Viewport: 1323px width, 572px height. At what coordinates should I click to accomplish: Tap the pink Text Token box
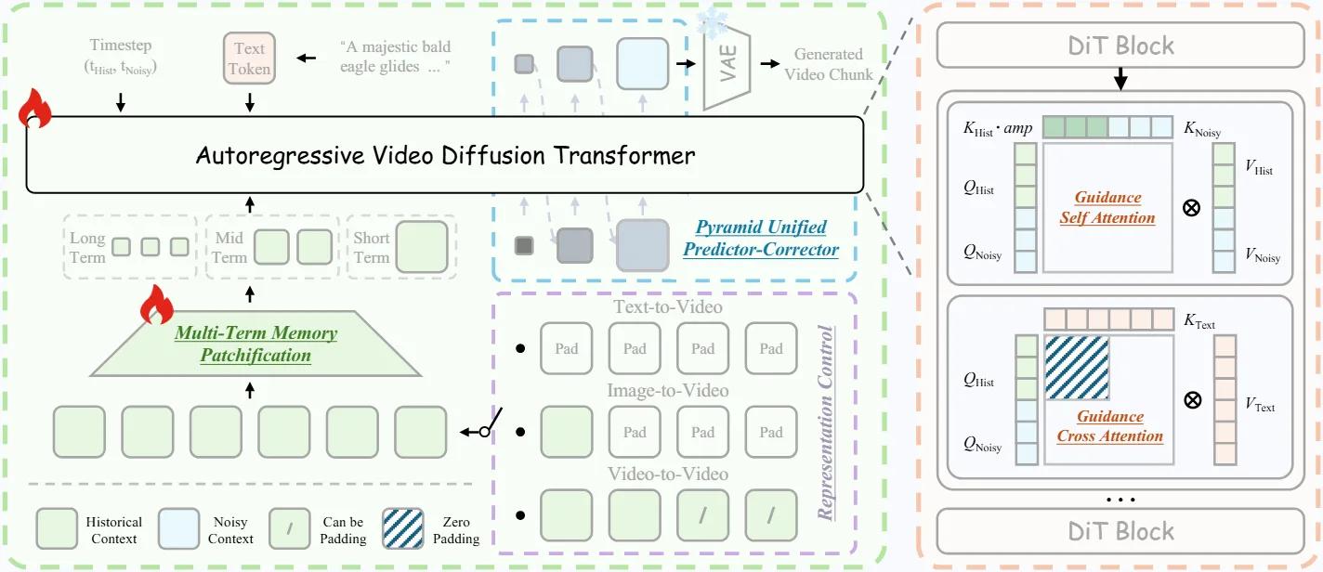point(250,58)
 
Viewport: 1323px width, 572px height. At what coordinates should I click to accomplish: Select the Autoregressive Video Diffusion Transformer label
point(445,155)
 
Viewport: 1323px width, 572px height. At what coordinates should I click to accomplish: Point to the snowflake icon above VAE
point(714,23)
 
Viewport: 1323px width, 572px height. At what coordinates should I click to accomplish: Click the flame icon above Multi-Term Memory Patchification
point(157,304)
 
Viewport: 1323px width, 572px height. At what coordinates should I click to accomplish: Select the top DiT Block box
point(1120,45)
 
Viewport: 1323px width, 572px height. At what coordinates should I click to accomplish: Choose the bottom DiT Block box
point(1120,531)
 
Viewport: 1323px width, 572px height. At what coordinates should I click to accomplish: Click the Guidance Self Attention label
point(1107,208)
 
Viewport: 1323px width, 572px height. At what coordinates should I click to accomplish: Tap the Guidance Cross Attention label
point(1109,426)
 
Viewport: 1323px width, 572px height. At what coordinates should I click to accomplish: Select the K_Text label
point(1199,323)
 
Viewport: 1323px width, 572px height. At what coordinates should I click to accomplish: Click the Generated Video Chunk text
point(829,64)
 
